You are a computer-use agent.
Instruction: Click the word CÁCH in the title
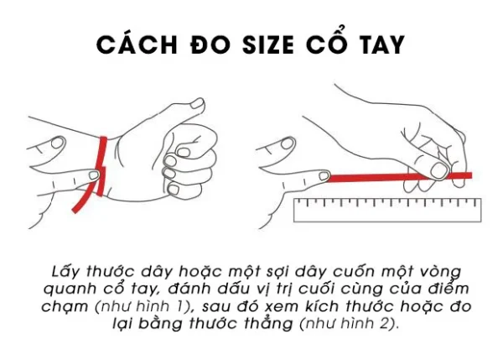[131, 44]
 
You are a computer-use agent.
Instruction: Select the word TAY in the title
[377, 44]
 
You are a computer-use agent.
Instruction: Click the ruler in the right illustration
[386, 209]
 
